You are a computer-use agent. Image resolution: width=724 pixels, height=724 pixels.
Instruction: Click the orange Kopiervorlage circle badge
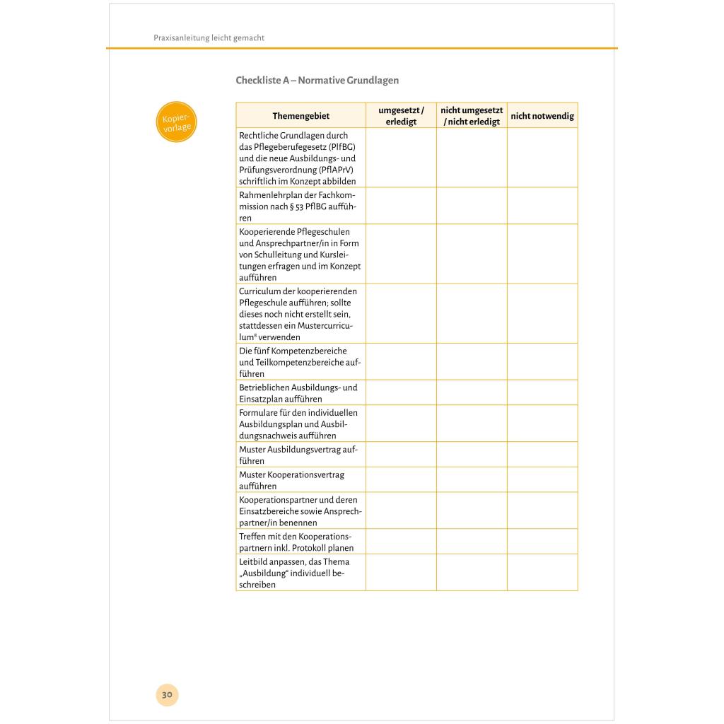175,122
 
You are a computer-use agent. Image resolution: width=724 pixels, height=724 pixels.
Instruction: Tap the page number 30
167,694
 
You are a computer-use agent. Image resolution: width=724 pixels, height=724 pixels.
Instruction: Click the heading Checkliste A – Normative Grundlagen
317,81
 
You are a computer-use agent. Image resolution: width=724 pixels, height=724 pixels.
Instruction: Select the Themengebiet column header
300,116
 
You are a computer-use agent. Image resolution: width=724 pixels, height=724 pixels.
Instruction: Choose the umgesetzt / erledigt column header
401,116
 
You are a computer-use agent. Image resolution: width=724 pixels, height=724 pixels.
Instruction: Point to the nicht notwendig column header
542,116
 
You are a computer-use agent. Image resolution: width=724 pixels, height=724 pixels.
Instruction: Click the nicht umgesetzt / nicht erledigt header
472,116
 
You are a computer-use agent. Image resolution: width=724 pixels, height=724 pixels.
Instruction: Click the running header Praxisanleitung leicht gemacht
209,38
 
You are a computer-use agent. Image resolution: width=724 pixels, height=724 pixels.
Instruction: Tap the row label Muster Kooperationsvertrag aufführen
292,480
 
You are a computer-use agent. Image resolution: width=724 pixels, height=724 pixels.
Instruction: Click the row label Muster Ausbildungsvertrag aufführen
298,455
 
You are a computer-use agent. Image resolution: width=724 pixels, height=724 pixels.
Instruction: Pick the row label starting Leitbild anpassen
294,573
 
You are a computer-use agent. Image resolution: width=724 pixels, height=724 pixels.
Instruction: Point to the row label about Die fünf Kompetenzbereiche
300,362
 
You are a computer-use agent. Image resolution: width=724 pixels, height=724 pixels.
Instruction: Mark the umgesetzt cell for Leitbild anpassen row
401,573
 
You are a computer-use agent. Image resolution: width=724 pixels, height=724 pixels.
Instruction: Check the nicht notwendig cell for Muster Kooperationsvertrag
542,480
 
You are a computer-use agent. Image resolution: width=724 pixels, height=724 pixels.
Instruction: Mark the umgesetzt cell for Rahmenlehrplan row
401,206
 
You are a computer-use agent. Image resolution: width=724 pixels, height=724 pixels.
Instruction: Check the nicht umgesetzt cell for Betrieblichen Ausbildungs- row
472,393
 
